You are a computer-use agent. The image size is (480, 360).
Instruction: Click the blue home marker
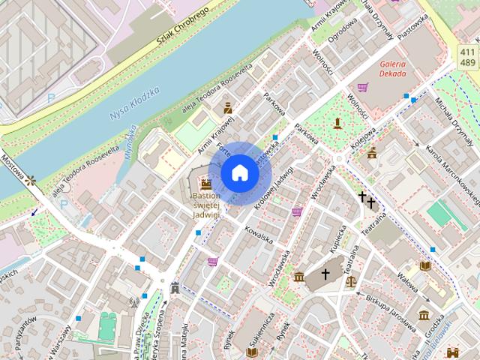click(x=240, y=173)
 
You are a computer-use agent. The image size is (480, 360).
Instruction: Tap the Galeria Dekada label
click(x=392, y=68)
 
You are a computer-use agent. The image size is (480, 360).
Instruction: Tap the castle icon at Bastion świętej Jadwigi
click(x=205, y=182)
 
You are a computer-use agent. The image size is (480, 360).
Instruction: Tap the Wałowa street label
click(x=406, y=283)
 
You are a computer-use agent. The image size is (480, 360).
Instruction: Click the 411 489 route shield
click(x=466, y=55)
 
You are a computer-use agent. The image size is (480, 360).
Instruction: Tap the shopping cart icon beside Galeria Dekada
click(x=363, y=87)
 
